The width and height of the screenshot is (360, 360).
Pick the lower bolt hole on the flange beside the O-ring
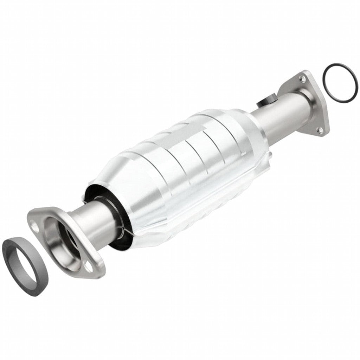click(x=320, y=130)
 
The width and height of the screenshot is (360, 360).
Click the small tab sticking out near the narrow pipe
click(x=270, y=155)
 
